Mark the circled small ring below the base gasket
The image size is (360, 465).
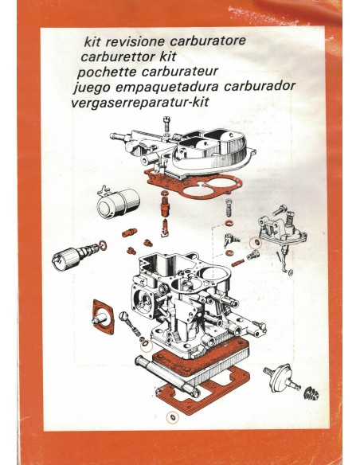click(171, 417)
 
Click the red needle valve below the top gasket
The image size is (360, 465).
click(164, 213)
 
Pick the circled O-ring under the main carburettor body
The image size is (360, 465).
click(146, 345)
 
